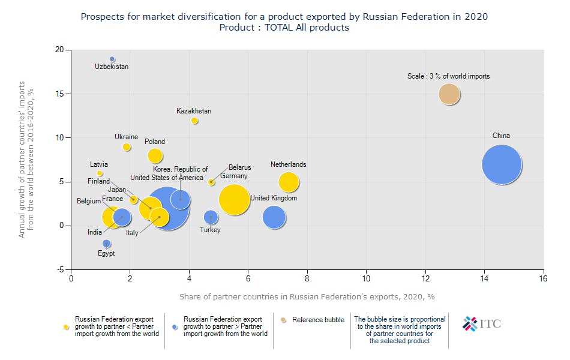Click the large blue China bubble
pos(502,164)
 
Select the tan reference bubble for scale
pos(449,94)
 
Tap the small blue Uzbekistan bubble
pos(112,59)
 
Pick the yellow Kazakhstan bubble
pos(194,121)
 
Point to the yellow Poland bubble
pos(155,155)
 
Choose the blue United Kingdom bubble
pos(274,217)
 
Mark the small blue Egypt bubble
pos(106,244)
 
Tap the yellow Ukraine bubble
pos(127,147)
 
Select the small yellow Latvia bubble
pos(100,173)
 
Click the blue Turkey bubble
pos(210,217)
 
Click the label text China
pos(501,136)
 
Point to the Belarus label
pos(239,167)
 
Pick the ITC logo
pos(481,324)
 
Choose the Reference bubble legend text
pos(318,320)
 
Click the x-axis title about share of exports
pos(307,296)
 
